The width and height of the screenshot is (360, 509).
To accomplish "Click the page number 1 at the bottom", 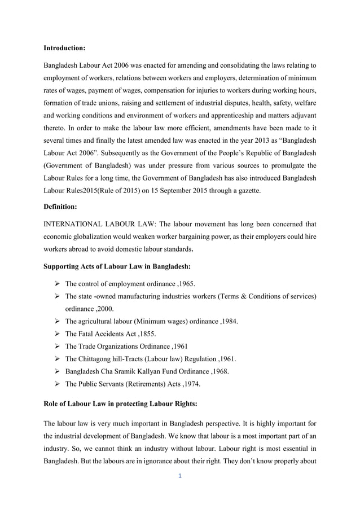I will coord(179,476).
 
